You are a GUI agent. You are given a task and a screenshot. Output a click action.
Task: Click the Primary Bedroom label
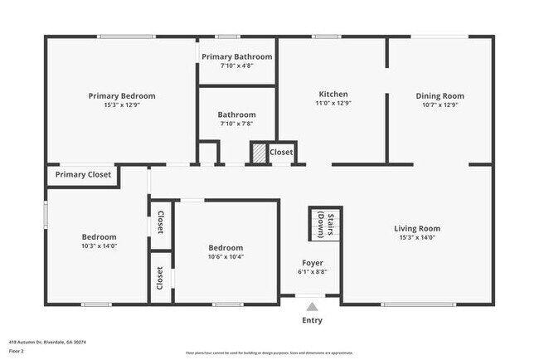coord(122,96)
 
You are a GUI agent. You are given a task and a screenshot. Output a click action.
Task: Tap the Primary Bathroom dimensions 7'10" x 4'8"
coord(236,66)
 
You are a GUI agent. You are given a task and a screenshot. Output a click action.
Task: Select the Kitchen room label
coord(333,95)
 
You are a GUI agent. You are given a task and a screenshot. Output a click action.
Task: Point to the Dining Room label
coord(439,96)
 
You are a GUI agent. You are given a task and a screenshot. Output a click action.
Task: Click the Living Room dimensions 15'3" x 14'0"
coord(416,238)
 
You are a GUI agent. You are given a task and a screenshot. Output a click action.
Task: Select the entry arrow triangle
coord(312,307)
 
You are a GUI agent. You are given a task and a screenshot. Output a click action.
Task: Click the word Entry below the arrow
coord(312,321)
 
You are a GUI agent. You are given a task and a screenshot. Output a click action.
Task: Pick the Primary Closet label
coord(82,175)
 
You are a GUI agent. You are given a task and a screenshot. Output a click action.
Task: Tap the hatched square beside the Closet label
coord(260,153)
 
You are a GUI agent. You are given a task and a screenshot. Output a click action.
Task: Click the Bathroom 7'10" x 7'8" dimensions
coord(236,124)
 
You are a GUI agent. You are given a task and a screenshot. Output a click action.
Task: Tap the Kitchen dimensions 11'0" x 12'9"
coord(333,105)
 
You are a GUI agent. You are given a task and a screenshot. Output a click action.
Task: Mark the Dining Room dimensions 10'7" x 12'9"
coord(439,105)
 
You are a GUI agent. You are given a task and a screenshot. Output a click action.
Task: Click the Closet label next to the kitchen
coord(281,153)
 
